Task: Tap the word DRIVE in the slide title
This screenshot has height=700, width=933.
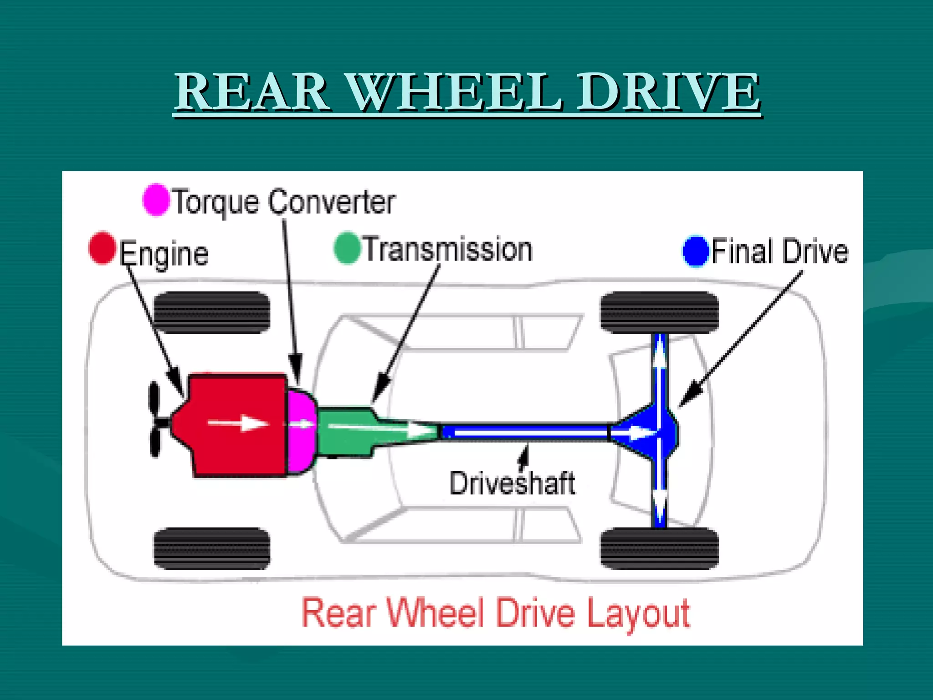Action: pyautogui.click(x=668, y=93)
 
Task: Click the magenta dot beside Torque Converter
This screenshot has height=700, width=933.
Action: pyautogui.click(x=156, y=200)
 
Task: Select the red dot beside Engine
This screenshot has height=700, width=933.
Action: pyautogui.click(x=102, y=247)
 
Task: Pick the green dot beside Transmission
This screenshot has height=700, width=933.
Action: pyautogui.click(x=347, y=248)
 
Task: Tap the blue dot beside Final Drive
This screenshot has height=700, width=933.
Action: pyautogui.click(x=696, y=251)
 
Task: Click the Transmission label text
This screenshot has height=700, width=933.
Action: pyautogui.click(x=448, y=250)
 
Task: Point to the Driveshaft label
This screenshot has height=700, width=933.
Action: pyautogui.click(x=512, y=483)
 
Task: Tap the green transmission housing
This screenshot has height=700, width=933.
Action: pyautogui.click(x=346, y=431)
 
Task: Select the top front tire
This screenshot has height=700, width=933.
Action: pyautogui.click(x=212, y=313)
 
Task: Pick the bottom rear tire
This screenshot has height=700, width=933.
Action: pyautogui.click(x=659, y=548)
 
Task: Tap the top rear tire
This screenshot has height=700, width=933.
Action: pyautogui.click(x=659, y=313)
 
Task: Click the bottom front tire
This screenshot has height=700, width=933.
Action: pyautogui.click(x=212, y=548)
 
